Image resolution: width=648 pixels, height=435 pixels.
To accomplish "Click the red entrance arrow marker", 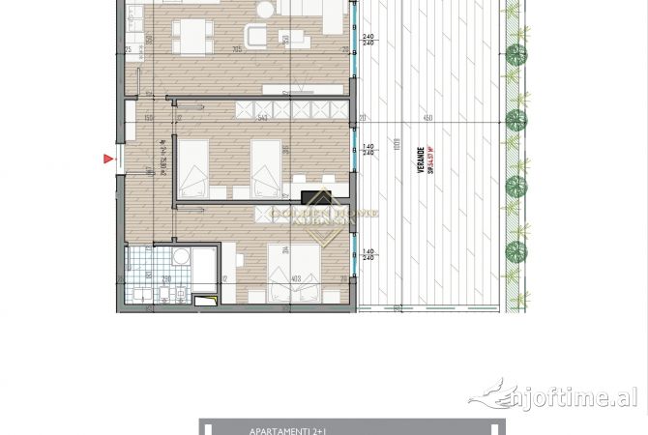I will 108,159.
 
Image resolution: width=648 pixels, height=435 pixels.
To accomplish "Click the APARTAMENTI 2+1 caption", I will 280,429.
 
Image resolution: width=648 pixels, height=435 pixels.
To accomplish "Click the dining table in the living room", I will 193,38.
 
